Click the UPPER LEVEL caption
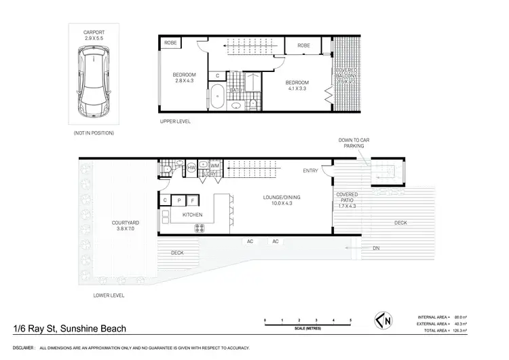174,122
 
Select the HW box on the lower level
191,166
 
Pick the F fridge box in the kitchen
193,200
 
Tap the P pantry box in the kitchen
179,200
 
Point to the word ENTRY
311,170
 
